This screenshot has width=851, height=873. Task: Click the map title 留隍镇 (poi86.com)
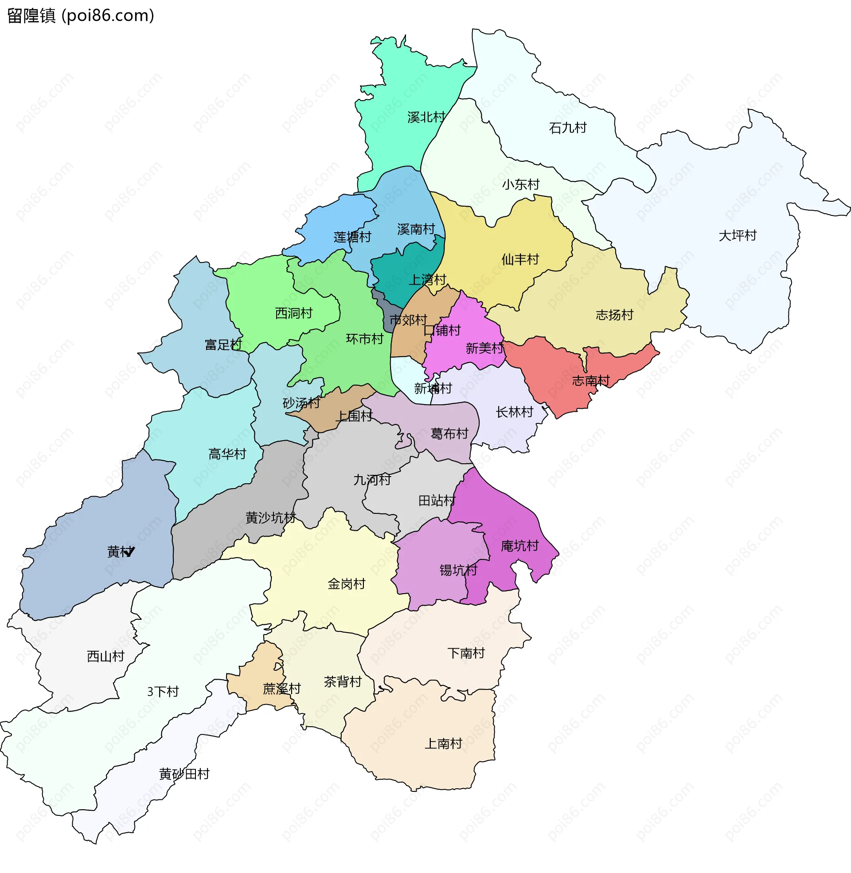pyautogui.click(x=81, y=16)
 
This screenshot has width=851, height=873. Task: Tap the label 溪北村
pyautogui.click(x=426, y=117)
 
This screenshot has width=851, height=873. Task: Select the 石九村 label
pyautogui.click(x=567, y=128)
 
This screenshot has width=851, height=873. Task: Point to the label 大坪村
pyautogui.click(x=737, y=235)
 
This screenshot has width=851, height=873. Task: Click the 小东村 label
pyautogui.click(x=520, y=184)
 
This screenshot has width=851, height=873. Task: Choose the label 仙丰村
pyautogui.click(x=520, y=259)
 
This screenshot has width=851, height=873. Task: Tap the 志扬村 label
pyautogui.click(x=614, y=315)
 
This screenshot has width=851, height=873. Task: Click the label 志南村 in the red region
pyautogui.click(x=590, y=381)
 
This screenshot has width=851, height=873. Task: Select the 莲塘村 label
pyautogui.click(x=352, y=237)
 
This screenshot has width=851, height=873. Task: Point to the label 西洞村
pyautogui.click(x=293, y=313)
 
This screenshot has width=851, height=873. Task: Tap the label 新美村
pyautogui.click(x=484, y=348)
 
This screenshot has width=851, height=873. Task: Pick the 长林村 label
pyautogui.click(x=514, y=412)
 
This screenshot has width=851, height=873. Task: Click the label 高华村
pyautogui.click(x=227, y=454)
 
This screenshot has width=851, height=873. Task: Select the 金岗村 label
pyautogui.click(x=347, y=584)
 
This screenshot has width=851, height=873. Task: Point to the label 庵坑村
pyautogui.click(x=519, y=546)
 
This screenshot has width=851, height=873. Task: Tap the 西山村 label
pyautogui.click(x=105, y=656)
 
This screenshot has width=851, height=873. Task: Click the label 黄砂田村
pyautogui.click(x=184, y=774)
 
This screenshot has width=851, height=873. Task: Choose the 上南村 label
pyautogui.click(x=443, y=744)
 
